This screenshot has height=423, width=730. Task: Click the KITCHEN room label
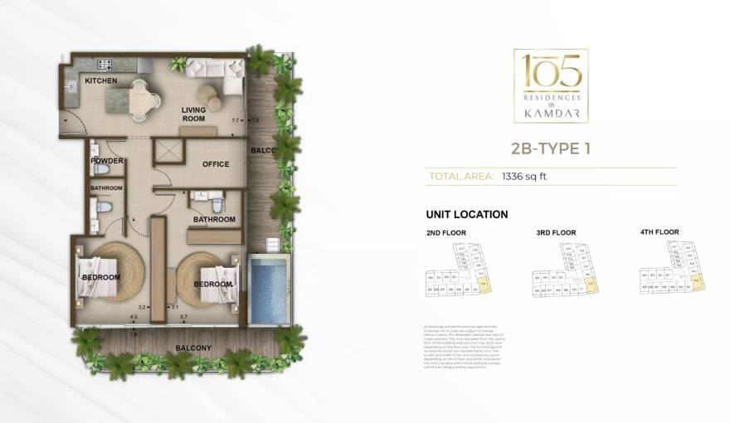(x=100, y=80)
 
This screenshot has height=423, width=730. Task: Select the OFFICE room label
(x=216, y=164)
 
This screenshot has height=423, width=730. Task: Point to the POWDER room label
(x=107, y=160)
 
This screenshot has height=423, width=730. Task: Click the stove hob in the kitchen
(x=105, y=65)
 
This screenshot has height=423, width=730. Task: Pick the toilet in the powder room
(x=102, y=170)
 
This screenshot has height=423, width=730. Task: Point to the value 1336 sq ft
(x=525, y=177)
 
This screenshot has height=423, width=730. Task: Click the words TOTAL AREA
(x=459, y=177)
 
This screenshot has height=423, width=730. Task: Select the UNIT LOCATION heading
(x=466, y=214)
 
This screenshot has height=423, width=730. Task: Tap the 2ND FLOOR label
(x=445, y=233)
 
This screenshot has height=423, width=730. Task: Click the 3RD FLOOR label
(x=556, y=233)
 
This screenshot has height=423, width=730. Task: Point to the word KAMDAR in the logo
(x=550, y=109)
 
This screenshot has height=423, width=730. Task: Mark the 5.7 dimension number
(x=184, y=317)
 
